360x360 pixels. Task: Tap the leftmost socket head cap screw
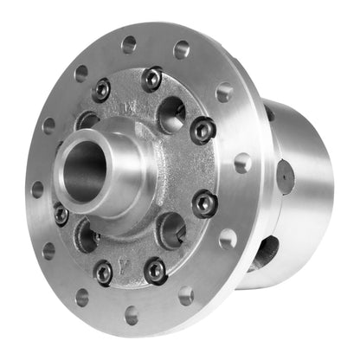(x=61, y=214)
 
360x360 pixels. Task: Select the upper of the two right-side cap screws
(x=203, y=130)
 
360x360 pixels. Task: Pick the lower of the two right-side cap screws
(x=204, y=203)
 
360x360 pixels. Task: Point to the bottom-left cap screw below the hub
(x=103, y=273)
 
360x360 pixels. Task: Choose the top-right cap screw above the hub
(x=152, y=78)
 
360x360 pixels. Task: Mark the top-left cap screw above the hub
(x=102, y=88)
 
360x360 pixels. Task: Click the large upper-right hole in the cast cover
(x=172, y=112)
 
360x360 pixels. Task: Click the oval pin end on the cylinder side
(x=285, y=177)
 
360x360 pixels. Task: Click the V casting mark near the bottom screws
(x=128, y=257)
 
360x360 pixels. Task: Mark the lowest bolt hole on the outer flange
(x=132, y=312)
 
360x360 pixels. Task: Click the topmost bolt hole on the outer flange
(x=129, y=41)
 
